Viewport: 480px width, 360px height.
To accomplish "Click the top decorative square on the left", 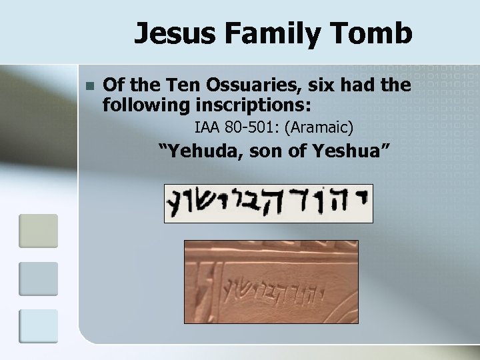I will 39,231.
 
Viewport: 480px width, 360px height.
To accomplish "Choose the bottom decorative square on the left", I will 39,326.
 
